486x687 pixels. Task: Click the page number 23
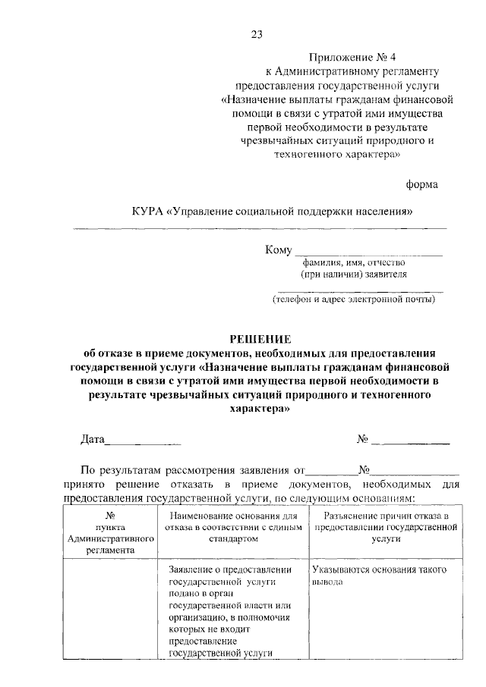256,33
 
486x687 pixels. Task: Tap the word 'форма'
421,184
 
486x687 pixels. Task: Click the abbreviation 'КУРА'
147,211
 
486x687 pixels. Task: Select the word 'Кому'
278,251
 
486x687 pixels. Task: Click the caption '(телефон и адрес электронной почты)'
354,300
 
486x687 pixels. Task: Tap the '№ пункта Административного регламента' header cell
111,533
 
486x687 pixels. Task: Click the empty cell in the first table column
111,610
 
